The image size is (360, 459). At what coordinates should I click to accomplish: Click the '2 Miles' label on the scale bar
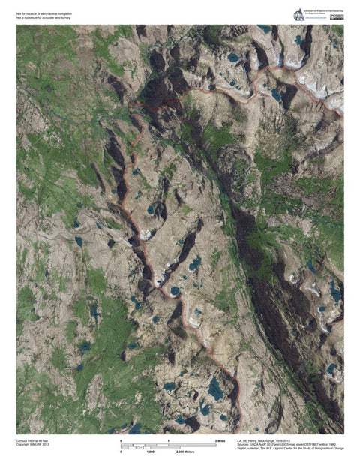220,440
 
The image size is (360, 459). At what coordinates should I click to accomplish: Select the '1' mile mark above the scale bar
168,440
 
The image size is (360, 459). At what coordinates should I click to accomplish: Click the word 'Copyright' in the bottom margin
23,445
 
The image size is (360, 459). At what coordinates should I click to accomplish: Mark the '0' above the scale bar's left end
121,440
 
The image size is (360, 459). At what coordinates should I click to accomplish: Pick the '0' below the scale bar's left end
121,452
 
